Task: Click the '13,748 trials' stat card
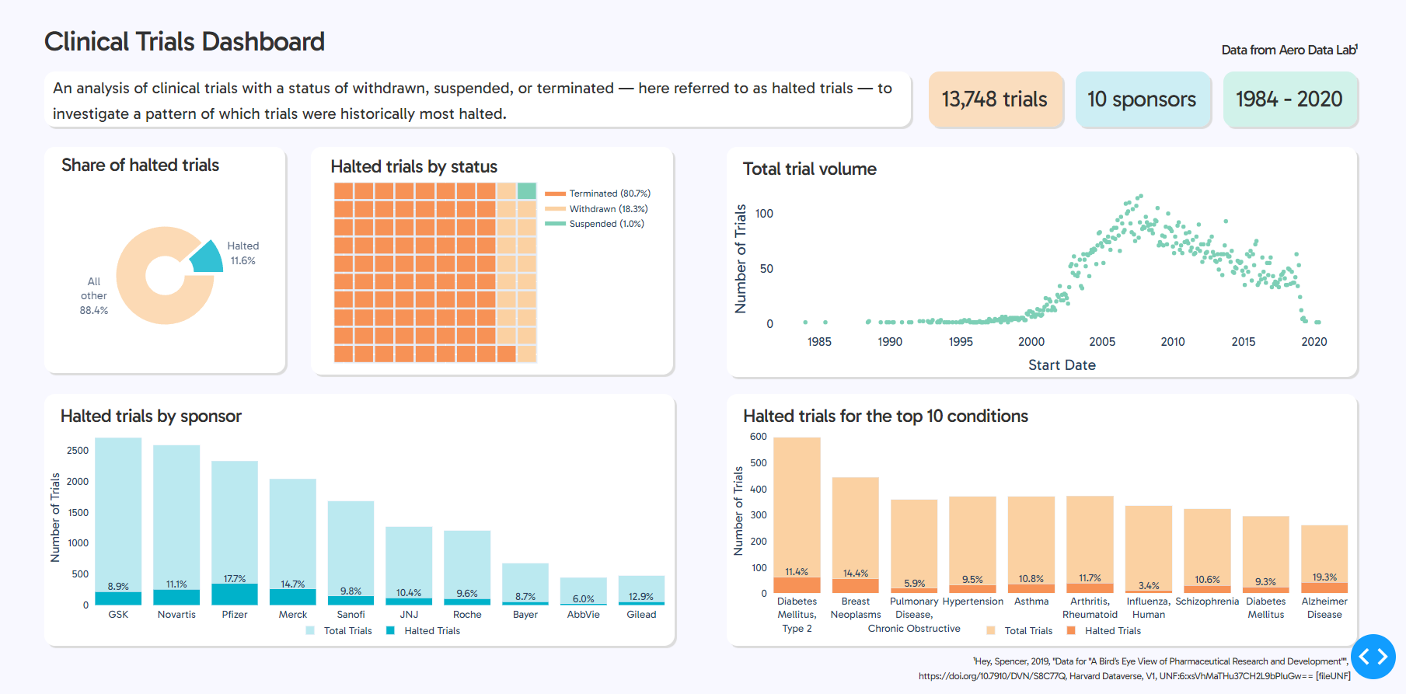[995, 99]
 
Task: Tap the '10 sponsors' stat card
[1142, 99]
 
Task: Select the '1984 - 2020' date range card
[1289, 99]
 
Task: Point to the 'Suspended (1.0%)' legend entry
[606, 224]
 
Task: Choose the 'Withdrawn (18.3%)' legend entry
[608, 209]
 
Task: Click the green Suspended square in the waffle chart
[526, 191]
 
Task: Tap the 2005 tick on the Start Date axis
[1102, 342]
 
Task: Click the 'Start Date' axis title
[1062, 365]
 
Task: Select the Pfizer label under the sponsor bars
[235, 615]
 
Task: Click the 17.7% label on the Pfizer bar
[235, 579]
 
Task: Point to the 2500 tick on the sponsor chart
[78, 451]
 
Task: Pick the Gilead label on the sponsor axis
[641, 615]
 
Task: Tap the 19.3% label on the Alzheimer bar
[1324, 577]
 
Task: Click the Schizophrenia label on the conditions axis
[1207, 602]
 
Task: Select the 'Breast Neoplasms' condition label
[856, 608]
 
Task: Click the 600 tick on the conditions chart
[759, 437]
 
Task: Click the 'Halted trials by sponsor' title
[151, 417]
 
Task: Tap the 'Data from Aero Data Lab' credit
[1289, 50]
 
